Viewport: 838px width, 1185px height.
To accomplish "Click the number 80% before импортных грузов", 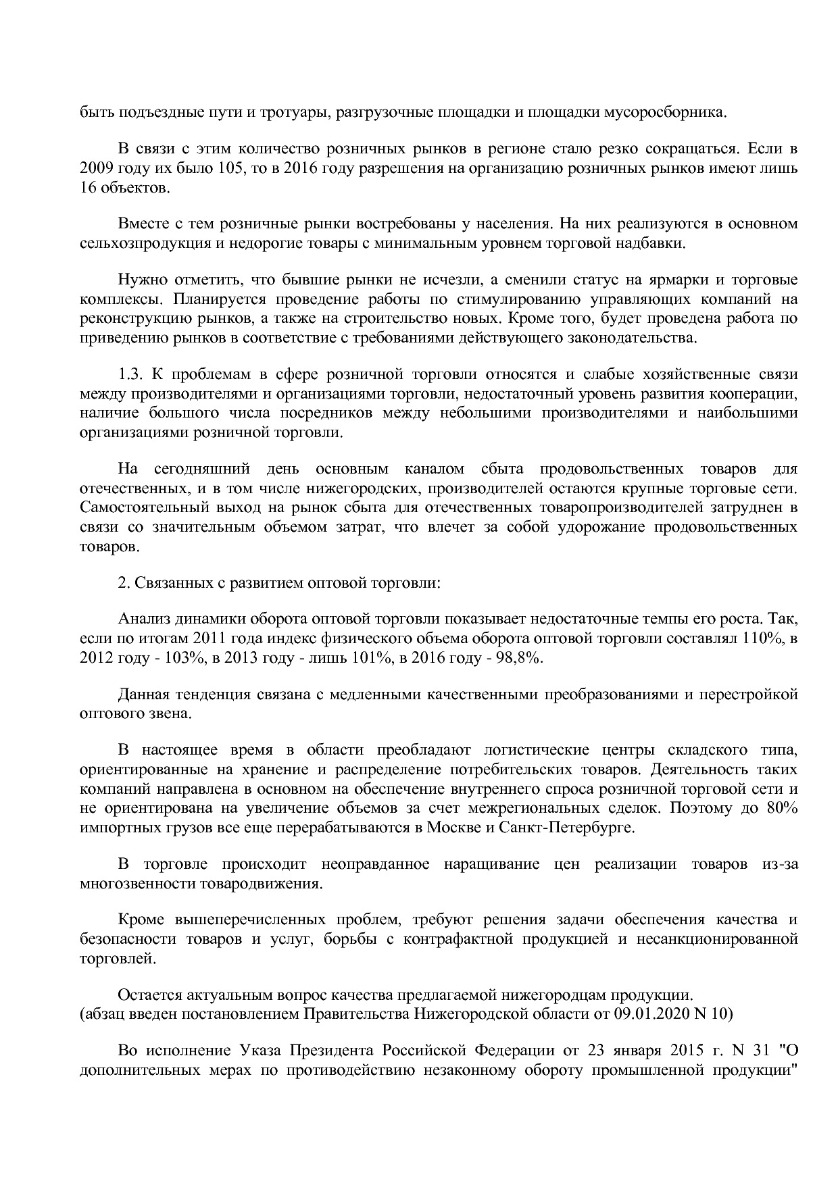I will click(782, 808).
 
